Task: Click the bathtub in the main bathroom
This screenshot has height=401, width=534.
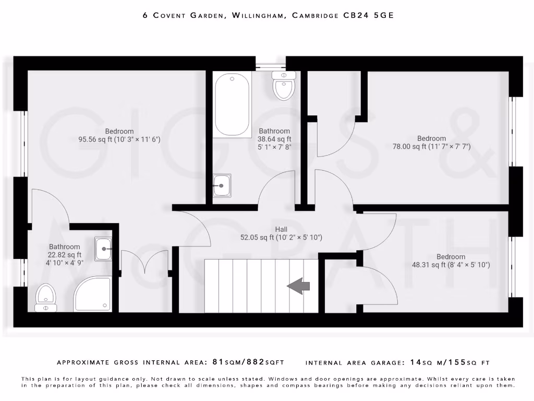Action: pos(232,104)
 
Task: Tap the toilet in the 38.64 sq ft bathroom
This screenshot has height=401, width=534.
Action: pos(284,86)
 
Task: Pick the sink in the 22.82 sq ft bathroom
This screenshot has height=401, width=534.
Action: pos(103,249)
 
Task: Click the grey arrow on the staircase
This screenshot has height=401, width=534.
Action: pos(298,286)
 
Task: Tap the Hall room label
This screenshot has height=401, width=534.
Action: pos(281,229)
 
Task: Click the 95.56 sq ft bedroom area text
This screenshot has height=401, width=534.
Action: pos(119,139)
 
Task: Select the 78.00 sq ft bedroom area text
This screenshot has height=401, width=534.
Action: pos(431,147)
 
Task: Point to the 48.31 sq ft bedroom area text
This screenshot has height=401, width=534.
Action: pos(451,265)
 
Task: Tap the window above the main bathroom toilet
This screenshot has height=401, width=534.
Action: pos(271,66)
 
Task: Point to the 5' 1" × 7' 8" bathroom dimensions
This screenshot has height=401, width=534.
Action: pos(274,147)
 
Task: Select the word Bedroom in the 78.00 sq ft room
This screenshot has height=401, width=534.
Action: pos(431,138)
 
